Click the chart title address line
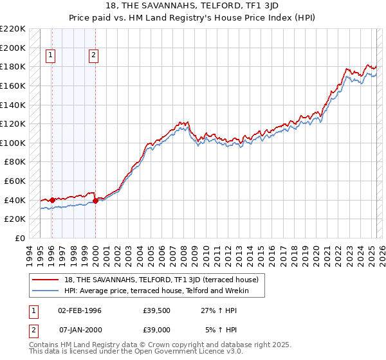[x=193, y=6]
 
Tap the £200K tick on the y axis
[x=13, y=48]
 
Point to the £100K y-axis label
[x=13, y=143]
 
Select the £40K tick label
[x=15, y=200]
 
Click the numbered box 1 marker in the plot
[x=51, y=56]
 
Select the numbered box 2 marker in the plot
[x=94, y=56]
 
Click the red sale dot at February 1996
[x=52, y=200]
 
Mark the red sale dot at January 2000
[x=95, y=201]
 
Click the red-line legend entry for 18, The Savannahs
[x=161, y=280]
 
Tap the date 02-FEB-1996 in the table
[x=79, y=310]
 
